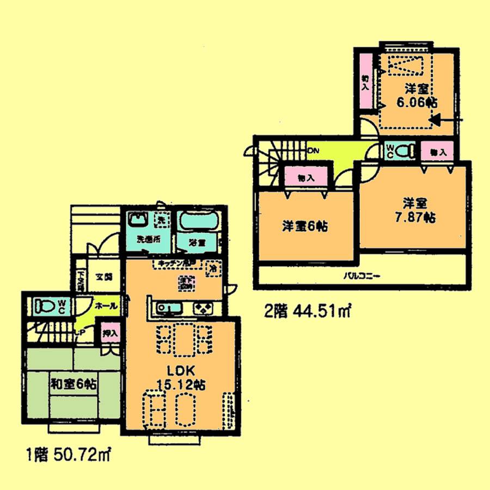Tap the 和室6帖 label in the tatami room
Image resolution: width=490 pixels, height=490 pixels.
[x=75, y=384]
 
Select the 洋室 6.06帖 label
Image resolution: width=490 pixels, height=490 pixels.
[x=417, y=95]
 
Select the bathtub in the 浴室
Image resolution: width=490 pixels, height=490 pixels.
[x=199, y=222]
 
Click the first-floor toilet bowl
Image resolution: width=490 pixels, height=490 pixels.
[x=48, y=307]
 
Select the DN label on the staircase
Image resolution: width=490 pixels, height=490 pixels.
[x=313, y=151]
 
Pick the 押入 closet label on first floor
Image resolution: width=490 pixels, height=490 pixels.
[x=108, y=333]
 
